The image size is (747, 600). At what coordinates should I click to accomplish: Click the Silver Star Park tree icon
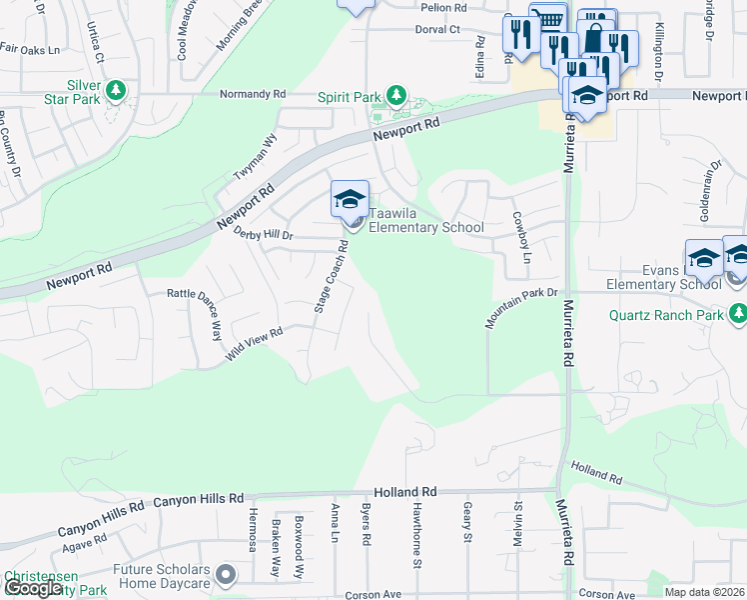coord(116,92)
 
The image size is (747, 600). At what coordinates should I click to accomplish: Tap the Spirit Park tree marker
coord(397,96)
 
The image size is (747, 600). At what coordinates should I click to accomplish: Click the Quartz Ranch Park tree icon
coord(738,315)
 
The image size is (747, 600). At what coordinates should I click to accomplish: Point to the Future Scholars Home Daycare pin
coord(226,575)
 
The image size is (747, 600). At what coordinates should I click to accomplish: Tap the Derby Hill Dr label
coord(263,234)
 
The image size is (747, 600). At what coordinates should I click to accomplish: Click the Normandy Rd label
coord(253,94)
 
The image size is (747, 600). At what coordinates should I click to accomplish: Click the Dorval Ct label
coord(437,30)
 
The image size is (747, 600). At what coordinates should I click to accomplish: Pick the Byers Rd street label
coord(367,524)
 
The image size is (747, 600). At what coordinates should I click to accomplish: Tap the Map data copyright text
coord(705,592)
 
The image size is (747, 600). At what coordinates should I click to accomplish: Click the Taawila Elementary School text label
coord(426,220)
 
